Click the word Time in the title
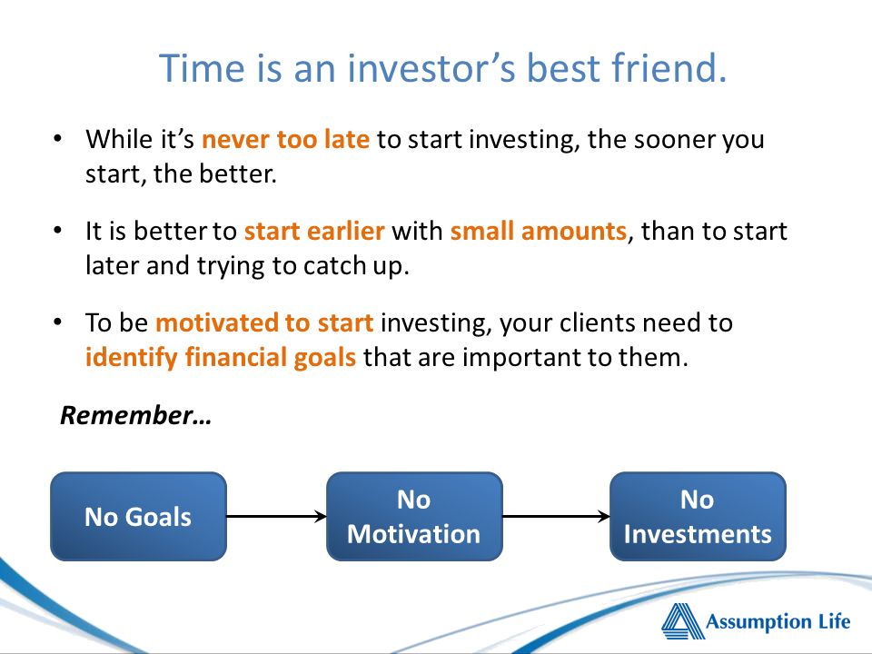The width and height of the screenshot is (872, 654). [x=202, y=68]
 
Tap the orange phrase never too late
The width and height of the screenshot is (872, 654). [x=285, y=139]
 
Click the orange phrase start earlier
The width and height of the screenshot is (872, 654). [x=314, y=231]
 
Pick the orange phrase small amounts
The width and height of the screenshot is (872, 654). [x=539, y=231]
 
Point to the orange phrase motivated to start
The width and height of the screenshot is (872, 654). [x=264, y=322]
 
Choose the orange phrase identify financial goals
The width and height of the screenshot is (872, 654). [x=220, y=358]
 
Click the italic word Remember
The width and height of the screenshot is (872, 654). [x=126, y=415]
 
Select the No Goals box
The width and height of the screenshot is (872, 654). [x=138, y=517]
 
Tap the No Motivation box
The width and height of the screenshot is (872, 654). [x=414, y=517]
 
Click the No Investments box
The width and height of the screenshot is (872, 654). [x=698, y=517]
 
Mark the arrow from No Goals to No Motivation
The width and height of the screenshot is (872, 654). [x=276, y=517]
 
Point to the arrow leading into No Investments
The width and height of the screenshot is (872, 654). [x=556, y=517]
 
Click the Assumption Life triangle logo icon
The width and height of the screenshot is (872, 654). [x=682, y=620]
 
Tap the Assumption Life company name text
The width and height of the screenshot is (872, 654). [x=778, y=621]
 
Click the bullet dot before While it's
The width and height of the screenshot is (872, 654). [x=58, y=138]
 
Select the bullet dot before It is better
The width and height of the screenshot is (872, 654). [x=58, y=230]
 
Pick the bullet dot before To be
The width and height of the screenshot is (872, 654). [x=58, y=322]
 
